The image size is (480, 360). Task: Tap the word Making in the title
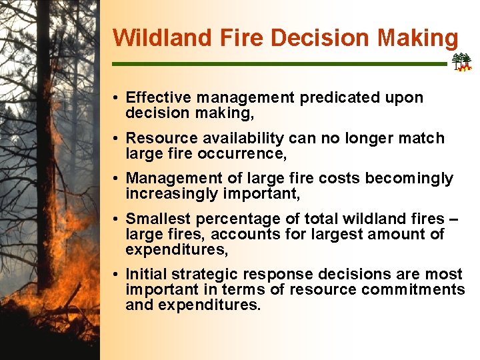[418, 37]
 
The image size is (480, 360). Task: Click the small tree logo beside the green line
[461, 63]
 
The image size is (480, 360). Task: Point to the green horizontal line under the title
[280, 64]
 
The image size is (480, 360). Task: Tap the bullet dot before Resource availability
[116, 139]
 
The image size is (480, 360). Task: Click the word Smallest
[155, 219]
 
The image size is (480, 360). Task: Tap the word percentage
[229, 219]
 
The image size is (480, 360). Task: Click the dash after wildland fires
[453, 219]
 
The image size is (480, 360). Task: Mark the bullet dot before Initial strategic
[116, 275]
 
